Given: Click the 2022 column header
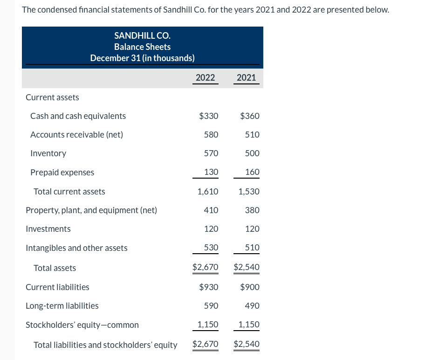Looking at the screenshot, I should (205, 77).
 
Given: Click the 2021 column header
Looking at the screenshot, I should (246, 77).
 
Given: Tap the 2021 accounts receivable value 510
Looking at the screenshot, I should (252, 135).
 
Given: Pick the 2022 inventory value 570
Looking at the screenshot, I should (211, 153).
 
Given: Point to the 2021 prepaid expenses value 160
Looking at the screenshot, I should (252, 172).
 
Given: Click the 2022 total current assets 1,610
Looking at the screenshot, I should (207, 192).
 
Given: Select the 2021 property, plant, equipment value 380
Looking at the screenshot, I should (252, 210).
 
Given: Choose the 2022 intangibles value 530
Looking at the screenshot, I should (211, 248).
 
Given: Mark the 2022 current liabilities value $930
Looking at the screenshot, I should (208, 287).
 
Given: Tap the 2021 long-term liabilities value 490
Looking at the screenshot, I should (252, 306).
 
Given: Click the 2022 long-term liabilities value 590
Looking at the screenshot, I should (211, 306).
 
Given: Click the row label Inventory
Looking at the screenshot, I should (48, 153).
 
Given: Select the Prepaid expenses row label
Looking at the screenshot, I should (62, 173).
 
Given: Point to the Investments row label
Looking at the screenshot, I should (48, 229).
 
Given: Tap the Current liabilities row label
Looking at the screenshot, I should (57, 287).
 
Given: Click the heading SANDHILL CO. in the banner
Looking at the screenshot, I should (142, 35).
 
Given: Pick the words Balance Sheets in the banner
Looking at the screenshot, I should (142, 47).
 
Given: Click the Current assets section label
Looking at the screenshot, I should (52, 97).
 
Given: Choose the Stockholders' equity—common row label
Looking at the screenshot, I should (82, 325).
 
